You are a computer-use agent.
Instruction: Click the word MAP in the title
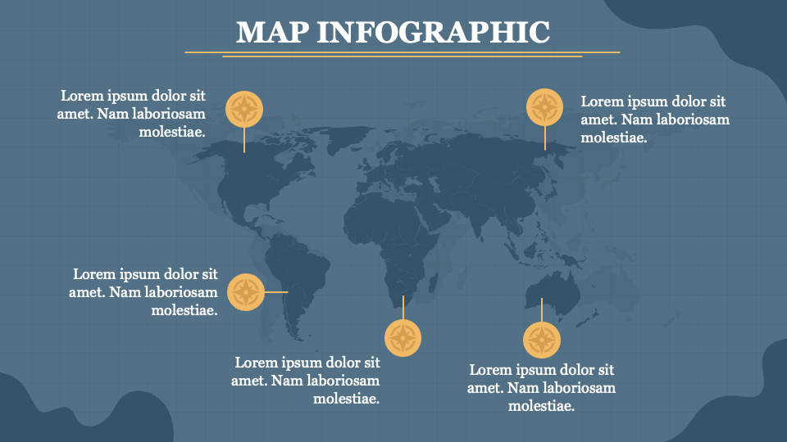tap(271, 32)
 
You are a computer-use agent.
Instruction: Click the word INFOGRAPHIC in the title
tap(433, 32)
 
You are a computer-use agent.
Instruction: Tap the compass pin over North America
tap(244, 108)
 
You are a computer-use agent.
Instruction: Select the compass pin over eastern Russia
tap(544, 107)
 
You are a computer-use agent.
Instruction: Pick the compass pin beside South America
tap(245, 291)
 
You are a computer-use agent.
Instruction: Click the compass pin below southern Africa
tap(403, 337)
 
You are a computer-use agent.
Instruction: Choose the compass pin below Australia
tap(541, 340)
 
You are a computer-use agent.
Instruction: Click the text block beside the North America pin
tap(132, 113)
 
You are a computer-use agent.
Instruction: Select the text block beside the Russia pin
tap(654, 120)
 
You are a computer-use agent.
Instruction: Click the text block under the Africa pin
tap(307, 381)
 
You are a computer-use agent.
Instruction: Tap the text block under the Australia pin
tap(541, 388)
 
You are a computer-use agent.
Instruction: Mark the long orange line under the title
tap(402, 52)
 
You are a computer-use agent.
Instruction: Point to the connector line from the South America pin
tap(275, 291)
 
